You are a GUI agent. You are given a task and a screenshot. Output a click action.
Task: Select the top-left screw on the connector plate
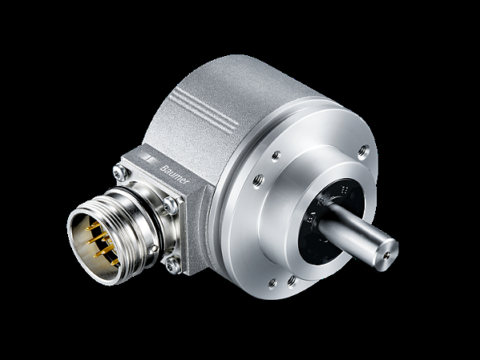(x=119, y=170)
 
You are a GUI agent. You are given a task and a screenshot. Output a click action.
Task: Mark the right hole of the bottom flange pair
(x=292, y=280)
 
